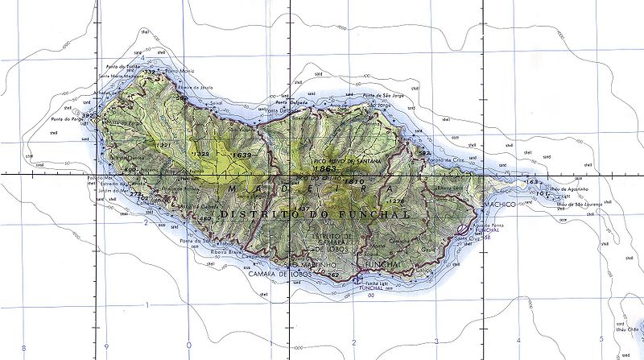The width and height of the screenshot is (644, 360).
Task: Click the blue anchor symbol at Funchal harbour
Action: [357, 280]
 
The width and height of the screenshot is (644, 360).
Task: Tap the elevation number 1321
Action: [164, 145]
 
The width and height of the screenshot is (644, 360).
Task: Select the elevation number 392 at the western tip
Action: [86, 116]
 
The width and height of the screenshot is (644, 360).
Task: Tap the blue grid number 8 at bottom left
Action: [24, 347]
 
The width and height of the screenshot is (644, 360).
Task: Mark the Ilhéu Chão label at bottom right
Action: [625, 329]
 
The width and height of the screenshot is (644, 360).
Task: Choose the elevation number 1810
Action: [354, 182]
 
